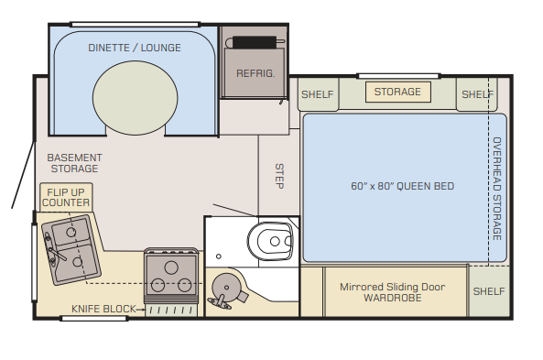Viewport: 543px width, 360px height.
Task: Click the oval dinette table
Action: pyautogui.click(x=135, y=98)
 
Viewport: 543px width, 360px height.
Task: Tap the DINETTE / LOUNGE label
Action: pyautogui.click(x=135, y=48)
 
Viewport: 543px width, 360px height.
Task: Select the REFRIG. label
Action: pyautogui.click(x=255, y=73)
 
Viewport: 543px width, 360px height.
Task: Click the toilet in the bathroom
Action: pyautogui.click(x=270, y=241)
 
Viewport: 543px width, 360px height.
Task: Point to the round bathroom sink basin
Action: pyautogui.click(x=226, y=288)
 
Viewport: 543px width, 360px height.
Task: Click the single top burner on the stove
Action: pyautogui.click(x=171, y=267)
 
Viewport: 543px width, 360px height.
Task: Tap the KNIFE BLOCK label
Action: pyautogui.click(x=103, y=309)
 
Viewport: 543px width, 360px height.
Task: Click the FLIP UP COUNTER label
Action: pyautogui.click(x=66, y=198)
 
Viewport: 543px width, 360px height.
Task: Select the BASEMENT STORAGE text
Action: pyautogui.click(x=74, y=163)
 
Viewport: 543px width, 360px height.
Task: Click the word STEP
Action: pyautogui.click(x=279, y=176)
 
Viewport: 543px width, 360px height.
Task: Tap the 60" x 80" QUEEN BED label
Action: pyautogui.click(x=402, y=186)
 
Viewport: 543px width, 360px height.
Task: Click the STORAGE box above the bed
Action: pyautogui.click(x=398, y=92)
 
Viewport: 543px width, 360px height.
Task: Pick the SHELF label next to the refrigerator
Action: pyautogui.click(x=317, y=94)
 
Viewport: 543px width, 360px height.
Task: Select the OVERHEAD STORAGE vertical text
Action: pyautogui.click(x=497, y=189)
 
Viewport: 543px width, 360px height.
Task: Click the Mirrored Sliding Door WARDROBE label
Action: pyautogui.click(x=392, y=292)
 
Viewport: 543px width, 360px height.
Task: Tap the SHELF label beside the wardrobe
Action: pyautogui.click(x=489, y=291)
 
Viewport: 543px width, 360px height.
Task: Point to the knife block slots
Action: pyautogui.click(x=171, y=311)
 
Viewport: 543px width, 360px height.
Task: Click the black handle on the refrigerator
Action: pyautogui.click(x=255, y=42)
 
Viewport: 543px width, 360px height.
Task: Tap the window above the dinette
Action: pyautogui.click(x=135, y=24)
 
